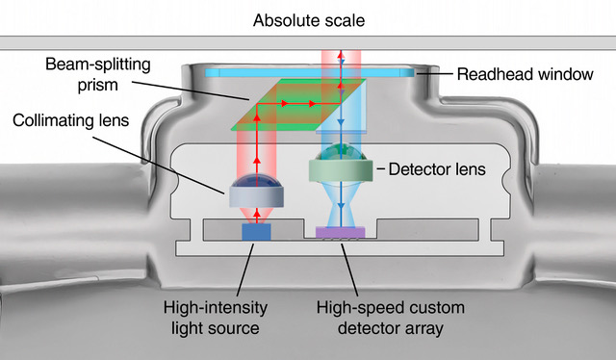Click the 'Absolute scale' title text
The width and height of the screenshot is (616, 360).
pos(309,20)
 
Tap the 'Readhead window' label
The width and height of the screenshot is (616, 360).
pos(525,74)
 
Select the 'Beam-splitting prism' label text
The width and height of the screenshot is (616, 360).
pos(98,75)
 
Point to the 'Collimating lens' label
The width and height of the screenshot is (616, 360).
pos(70,120)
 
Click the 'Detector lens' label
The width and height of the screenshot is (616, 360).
pos(437,169)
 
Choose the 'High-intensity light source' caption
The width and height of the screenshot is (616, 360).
pos(216,318)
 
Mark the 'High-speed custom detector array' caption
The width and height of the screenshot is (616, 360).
pos(391,318)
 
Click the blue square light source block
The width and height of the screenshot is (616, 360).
pos(256,232)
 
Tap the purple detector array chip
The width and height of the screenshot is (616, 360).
pos(341,233)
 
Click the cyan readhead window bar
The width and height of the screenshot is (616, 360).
pos(310,73)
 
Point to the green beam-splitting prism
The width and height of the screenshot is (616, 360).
pos(298,105)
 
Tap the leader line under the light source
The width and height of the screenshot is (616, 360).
pos(245,270)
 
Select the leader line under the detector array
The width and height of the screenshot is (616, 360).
pos(349,270)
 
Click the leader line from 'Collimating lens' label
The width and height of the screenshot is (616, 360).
pos(158,165)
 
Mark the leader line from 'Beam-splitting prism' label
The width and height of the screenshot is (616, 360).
pos(191,90)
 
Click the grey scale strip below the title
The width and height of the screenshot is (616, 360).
pos(308,43)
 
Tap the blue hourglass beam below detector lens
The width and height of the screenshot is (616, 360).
pos(341,204)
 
